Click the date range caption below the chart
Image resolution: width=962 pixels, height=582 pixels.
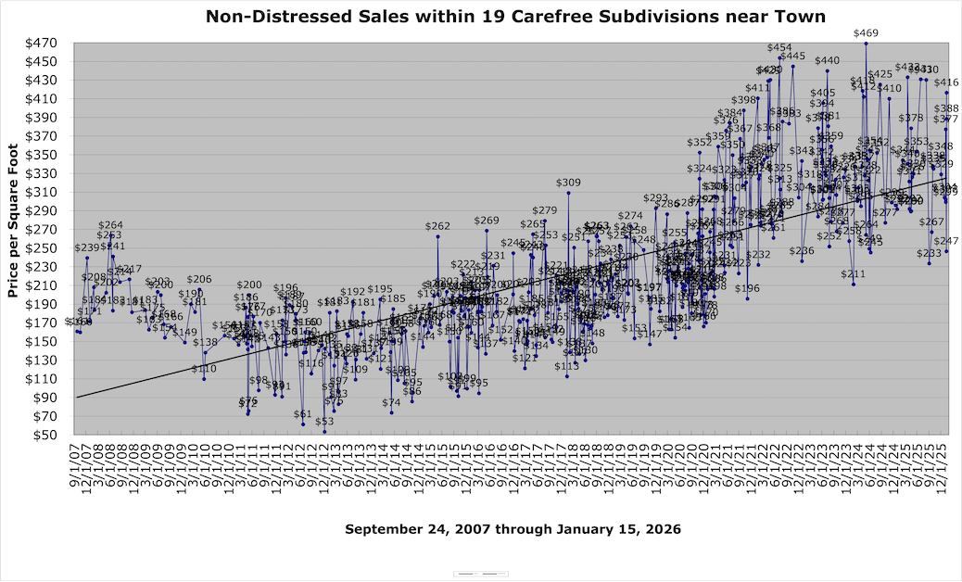coord(513,529)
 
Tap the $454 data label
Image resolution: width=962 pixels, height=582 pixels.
coord(779,47)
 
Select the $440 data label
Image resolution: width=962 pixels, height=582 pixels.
coord(827,61)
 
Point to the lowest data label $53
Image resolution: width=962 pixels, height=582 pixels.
coord(324,422)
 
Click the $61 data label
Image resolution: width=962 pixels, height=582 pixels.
coord(303,414)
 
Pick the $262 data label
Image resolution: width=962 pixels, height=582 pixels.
coord(437,226)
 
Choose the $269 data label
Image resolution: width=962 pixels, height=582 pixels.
coord(487,221)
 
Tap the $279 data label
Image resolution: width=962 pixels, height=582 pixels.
coord(545,210)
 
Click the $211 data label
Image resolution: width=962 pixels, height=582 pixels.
coord(853,274)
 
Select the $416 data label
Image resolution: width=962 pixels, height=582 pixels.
coord(946,83)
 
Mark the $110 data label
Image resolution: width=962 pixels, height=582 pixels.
coord(204,369)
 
